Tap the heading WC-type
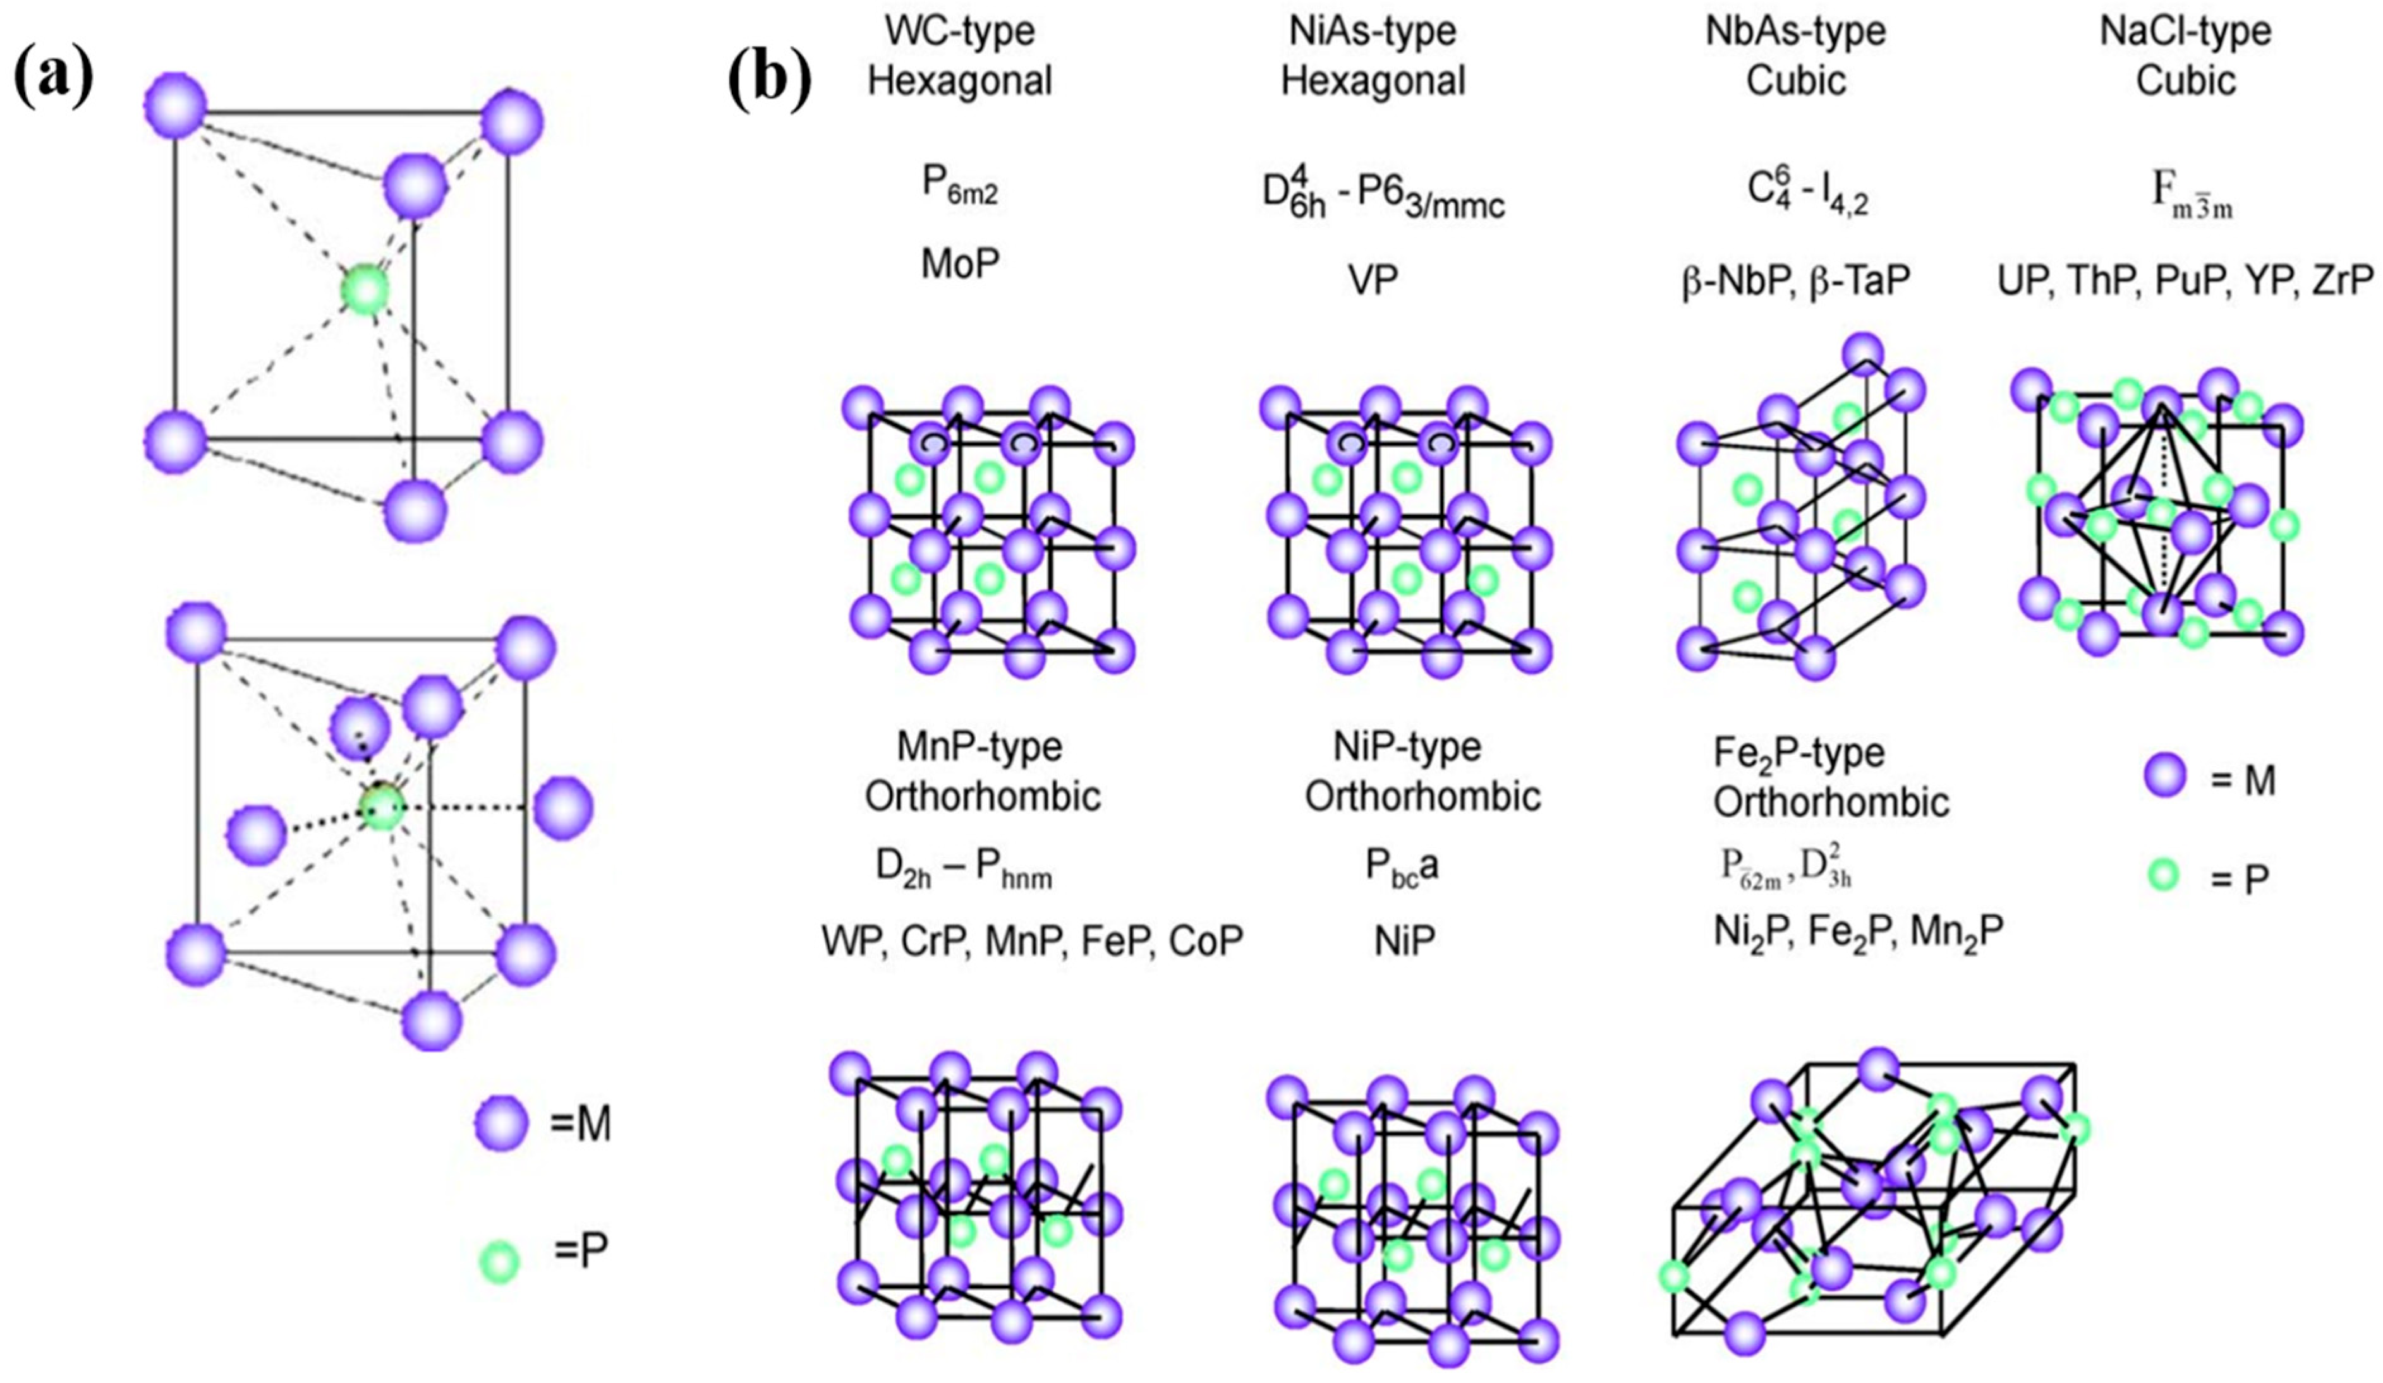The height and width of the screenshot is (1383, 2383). click(x=960, y=31)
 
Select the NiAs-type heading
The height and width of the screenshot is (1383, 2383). click(x=1373, y=31)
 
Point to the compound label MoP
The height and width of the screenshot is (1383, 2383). click(x=960, y=264)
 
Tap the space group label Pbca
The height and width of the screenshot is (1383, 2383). click(x=1402, y=868)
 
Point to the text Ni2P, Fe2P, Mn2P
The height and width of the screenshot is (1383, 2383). click(x=1858, y=933)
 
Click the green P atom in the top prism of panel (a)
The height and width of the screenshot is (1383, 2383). click(x=365, y=289)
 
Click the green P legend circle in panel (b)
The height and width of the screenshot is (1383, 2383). click(x=2162, y=875)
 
